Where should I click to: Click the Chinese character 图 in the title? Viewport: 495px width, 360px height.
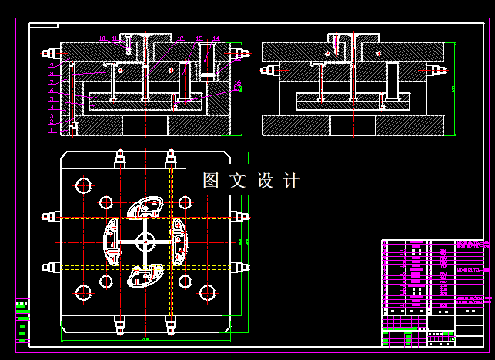(211, 181)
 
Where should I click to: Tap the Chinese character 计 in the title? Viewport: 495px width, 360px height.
(292, 181)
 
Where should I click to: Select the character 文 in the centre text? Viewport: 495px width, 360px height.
(238, 181)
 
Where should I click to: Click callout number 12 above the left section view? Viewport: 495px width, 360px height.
(179, 38)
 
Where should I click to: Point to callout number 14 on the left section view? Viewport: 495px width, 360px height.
(216, 38)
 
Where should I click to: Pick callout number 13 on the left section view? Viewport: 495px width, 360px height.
(199, 38)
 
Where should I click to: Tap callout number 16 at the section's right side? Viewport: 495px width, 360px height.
(237, 83)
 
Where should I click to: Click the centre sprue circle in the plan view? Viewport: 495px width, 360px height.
(144, 242)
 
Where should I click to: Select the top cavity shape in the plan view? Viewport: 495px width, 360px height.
(145, 208)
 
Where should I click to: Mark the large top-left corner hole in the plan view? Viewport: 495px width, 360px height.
(83, 185)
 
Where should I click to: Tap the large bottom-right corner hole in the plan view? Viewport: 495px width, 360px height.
(207, 292)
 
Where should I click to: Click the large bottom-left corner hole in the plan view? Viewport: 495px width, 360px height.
(83, 292)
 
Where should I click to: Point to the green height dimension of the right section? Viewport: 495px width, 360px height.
(453, 88)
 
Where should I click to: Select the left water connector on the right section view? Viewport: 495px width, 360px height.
(269, 70)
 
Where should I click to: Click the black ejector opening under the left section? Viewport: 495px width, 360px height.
(145, 125)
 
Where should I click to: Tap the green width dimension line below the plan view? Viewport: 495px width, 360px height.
(145, 338)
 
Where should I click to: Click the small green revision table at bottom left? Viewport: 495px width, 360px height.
(22, 321)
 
